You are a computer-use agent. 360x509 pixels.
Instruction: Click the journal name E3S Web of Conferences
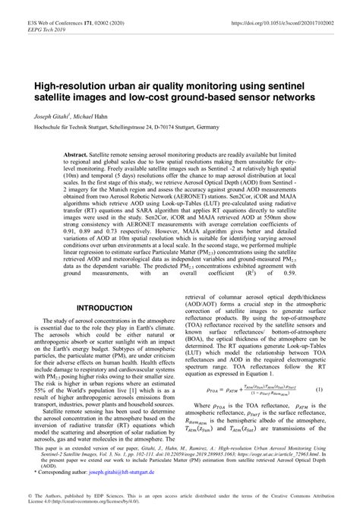(x=45, y=7)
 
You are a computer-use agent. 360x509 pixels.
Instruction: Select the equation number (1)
(x=319, y=390)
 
